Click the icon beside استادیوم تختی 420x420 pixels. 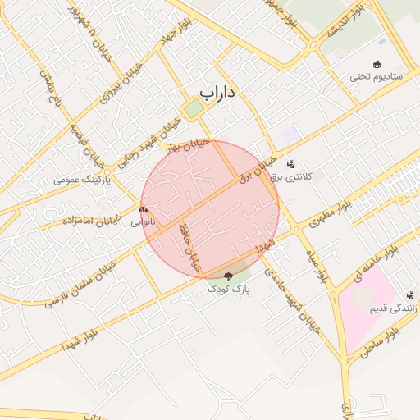[x=377, y=64]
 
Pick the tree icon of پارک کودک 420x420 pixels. [x=228, y=277]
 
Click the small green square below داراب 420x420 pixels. [x=194, y=108]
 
